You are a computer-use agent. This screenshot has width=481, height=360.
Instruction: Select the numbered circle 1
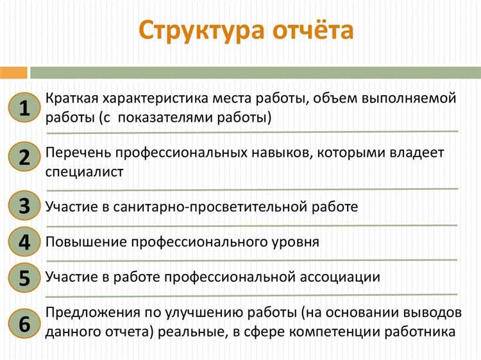[x=24, y=108]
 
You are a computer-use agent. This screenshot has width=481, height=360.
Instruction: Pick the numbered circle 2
[x=24, y=157]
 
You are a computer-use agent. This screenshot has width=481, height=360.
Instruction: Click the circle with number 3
[x=24, y=206]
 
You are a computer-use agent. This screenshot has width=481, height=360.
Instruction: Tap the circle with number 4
[x=24, y=242]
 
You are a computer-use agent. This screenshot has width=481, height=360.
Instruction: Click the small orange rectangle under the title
[x=13, y=72]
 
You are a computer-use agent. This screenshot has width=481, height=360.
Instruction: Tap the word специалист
[x=84, y=171]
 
